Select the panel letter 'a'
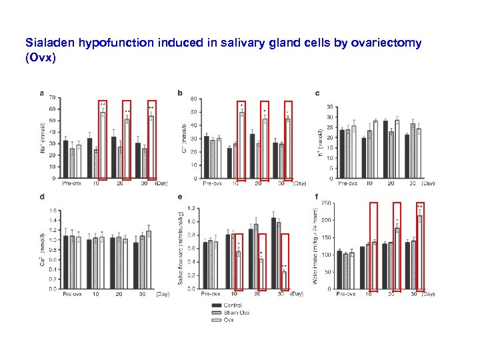[x=43, y=93]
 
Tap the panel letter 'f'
[x=315, y=197]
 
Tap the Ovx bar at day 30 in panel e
[x=284, y=280]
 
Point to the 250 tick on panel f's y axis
[x=327, y=203]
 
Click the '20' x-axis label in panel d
[x=119, y=293]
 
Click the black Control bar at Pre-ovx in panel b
[x=206, y=157]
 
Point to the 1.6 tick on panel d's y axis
[x=51, y=209]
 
